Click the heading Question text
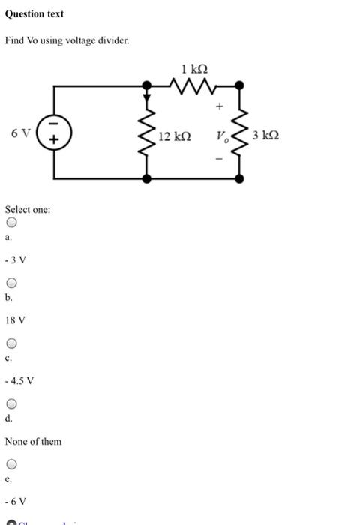pyautogui.click(x=34, y=14)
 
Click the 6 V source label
pyautogui.click(x=21, y=133)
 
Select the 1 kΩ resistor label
pyautogui.click(x=195, y=70)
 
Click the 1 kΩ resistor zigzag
pyautogui.click(x=194, y=87)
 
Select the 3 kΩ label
pyautogui.click(x=266, y=136)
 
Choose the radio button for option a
pyautogui.click(x=11, y=223)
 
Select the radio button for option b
pyautogui.click(x=11, y=283)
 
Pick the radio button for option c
pyautogui.click(x=11, y=344)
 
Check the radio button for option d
pyautogui.click(x=11, y=404)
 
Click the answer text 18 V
pyautogui.click(x=16, y=320)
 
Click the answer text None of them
pyautogui.click(x=34, y=441)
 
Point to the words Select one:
pyautogui.click(x=28, y=209)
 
